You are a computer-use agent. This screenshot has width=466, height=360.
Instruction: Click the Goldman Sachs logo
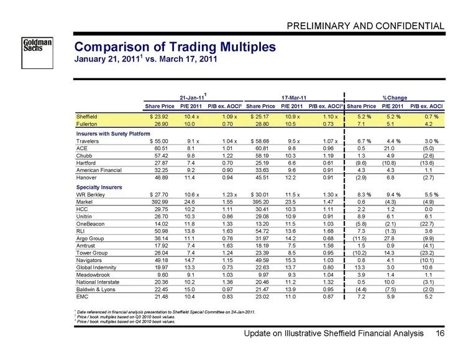37,53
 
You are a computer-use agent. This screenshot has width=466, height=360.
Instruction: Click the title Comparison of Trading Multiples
175,47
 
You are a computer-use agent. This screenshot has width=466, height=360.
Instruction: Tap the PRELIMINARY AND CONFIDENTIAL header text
365,26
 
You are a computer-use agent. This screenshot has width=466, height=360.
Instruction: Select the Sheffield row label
86,117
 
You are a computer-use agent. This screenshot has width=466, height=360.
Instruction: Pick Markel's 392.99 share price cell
160,202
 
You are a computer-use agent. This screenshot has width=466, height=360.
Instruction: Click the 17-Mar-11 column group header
294,97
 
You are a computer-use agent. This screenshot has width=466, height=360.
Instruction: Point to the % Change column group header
395,97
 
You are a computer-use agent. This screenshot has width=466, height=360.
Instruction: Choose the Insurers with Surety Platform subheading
113,133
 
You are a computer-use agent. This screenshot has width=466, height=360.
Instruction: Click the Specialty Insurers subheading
99,187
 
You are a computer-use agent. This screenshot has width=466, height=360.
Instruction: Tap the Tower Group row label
92,253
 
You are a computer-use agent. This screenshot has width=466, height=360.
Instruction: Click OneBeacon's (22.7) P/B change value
428,224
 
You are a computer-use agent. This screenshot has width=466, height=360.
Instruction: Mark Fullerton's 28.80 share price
262,124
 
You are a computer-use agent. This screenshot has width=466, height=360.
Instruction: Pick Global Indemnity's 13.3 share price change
361,268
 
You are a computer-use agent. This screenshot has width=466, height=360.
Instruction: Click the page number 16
440,333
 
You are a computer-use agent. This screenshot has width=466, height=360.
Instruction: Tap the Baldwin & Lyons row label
96,289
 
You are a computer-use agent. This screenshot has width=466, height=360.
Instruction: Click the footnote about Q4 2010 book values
126,322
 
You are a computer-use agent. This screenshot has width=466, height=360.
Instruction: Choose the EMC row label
82,297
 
